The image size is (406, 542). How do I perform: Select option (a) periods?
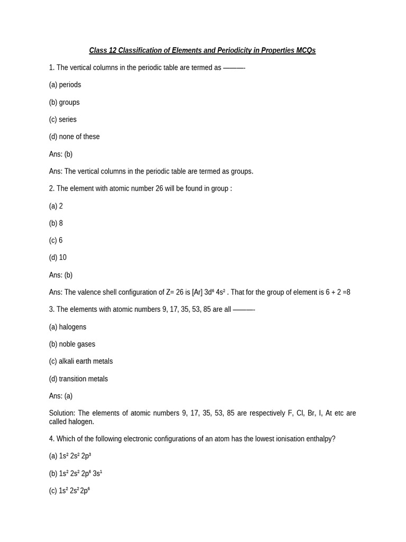[x=65, y=85]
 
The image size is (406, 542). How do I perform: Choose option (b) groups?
[x=64, y=102]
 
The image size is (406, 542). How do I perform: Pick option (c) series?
[x=63, y=120]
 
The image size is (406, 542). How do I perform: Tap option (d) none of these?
[x=75, y=137]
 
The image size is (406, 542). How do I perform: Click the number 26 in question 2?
[x=159, y=188]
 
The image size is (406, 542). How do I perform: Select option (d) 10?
[x=58, y=258]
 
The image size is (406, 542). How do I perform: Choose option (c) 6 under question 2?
[x=56, y=240]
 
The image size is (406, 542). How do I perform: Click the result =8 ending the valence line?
[x=345, y=292]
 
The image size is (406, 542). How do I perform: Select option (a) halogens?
[x=68, y=327]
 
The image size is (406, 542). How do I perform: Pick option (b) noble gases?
[x=72, y=344]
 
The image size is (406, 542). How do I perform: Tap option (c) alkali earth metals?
[x=81, y=362]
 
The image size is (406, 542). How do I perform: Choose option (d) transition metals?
[x=78, y=379]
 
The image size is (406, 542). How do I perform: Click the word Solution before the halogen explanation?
[x=62, y=413]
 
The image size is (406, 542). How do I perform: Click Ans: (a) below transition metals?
[x=61, y=396]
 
